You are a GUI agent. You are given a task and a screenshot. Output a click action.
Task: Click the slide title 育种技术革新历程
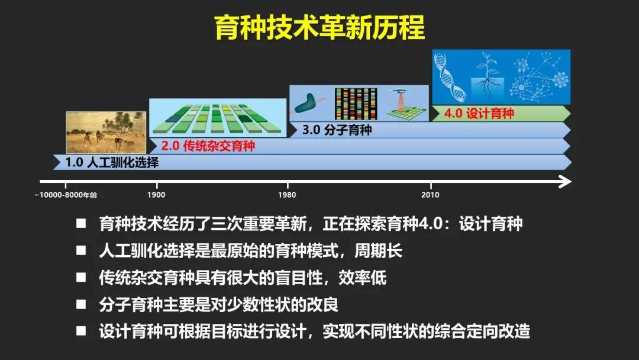319,27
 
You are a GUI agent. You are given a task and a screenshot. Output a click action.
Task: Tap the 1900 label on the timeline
156,195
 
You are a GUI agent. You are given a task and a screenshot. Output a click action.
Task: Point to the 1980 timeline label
288,195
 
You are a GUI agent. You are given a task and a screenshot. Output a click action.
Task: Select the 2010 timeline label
430,195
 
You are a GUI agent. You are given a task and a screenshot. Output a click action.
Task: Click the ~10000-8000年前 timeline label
66,195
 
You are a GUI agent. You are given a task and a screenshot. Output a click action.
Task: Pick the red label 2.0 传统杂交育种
205,145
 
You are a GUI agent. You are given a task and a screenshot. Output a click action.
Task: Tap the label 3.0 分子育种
337,130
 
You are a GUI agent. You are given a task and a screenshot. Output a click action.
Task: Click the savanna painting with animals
106,132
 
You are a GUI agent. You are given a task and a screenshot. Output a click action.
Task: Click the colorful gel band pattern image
356,103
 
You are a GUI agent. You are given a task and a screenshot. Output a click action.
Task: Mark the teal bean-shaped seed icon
307,104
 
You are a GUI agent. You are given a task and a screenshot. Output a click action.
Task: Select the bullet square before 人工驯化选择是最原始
81,251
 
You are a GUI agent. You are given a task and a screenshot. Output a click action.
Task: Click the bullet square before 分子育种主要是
81,305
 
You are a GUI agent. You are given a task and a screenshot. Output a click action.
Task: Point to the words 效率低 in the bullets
367,278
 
